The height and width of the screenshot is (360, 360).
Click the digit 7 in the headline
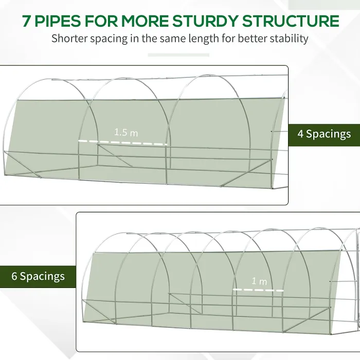coord(27,21)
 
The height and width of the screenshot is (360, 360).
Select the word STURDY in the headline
coord(205,21)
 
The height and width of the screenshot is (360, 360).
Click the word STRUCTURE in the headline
coord(291,21)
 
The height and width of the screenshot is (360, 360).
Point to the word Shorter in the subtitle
coord(69,39)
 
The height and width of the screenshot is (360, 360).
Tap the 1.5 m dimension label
coord(126,133)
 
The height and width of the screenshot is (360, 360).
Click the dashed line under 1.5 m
coord(123,142)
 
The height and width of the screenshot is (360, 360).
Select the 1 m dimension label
coord(259,281)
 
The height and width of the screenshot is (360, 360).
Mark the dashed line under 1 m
coord(258,290)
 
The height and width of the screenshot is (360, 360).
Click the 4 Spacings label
coord(324,134)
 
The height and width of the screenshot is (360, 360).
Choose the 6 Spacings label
coord(38,276)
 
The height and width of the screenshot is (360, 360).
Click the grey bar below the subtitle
coord(178,55)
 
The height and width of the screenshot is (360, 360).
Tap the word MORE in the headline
coord(145,21)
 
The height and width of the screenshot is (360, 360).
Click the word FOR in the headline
coord(101,21)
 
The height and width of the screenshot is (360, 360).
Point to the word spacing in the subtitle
coord(109,39)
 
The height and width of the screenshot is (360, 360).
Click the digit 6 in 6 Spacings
coord(14,276)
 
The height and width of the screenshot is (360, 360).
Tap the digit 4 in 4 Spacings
coord(300,134)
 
